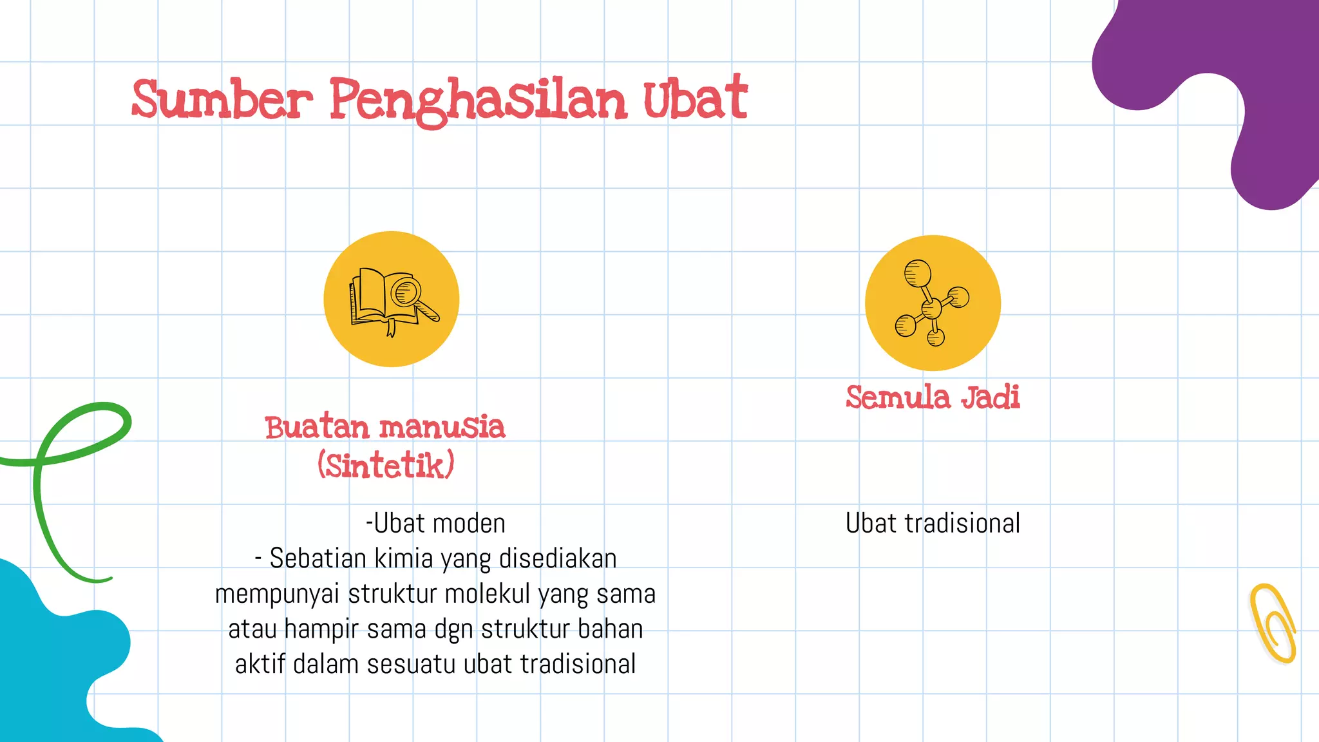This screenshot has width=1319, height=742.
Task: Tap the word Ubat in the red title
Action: pos(695,99)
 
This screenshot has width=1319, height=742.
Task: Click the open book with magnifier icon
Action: pos(392,299)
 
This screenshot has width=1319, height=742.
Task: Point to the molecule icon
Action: pos(933,303)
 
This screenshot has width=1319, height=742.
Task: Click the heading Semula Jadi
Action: pos(933,397)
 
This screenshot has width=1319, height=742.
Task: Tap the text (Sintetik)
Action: pos(386,465)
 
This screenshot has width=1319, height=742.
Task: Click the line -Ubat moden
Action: pos(435,524)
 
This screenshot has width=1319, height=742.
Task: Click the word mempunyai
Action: pos(277,594)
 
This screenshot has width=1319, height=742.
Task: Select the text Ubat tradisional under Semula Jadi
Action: pos(933,524)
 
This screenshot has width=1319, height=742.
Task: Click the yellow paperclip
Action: pos(1273,623)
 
